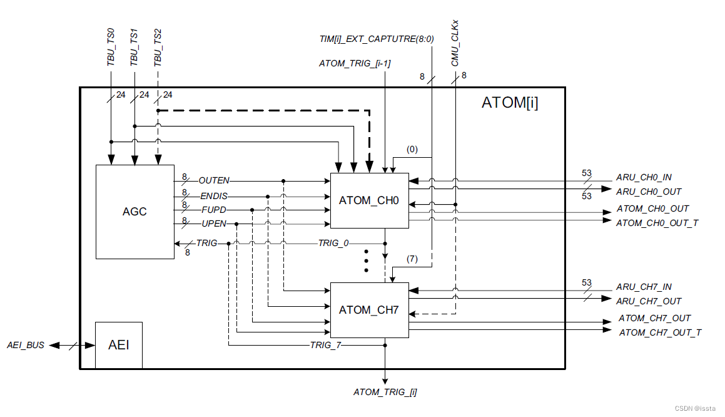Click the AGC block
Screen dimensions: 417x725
pos(134,212)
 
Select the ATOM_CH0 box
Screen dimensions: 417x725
pos(368,201)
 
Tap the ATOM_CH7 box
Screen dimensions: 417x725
pos(368,310)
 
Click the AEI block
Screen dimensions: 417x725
pos(119,345)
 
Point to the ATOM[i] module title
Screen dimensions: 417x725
pos(509,103)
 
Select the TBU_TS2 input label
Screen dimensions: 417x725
pos(158,49)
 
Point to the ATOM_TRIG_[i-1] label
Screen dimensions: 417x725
pos(355,63)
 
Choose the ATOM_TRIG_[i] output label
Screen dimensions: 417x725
pos(385,393)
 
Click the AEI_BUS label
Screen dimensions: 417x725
pos(26,345)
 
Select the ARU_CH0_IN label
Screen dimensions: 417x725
pos(644,177)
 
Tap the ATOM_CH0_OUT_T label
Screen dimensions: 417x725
pos(657,223)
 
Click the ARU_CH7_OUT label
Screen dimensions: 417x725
pos(649,301)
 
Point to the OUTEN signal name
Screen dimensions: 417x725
pos(214,180)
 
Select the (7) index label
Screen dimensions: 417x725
pos(412,259)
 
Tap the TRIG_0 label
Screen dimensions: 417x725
pos(333,243)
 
